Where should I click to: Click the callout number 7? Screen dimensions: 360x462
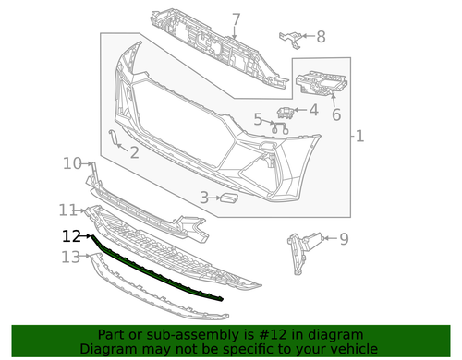tap(236, 19)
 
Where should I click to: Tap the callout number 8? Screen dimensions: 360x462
tap(321, 37)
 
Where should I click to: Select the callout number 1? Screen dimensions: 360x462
tap(359, 137)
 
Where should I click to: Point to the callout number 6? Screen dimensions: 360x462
tap(336, 114)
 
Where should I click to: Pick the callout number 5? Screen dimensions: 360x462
tap(259, 119)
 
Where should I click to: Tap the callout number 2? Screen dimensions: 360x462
tap(134, 152)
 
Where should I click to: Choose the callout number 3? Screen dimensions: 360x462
tap(204, 197)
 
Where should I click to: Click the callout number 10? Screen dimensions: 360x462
tap(72, 163)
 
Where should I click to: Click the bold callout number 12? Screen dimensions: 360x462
tap(72, 236)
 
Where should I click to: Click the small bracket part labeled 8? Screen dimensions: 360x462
tap(292, 39)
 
